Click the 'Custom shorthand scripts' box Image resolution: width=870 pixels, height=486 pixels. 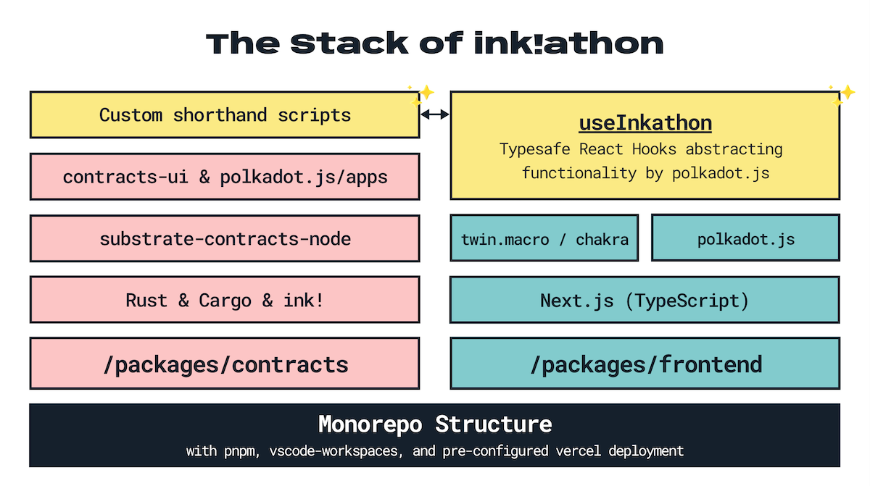225,114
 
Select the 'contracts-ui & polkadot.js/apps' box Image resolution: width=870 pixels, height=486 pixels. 225,177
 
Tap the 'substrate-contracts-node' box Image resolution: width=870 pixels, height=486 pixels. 225,238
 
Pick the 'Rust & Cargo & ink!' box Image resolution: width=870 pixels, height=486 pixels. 225,300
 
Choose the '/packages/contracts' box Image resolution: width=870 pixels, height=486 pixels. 225,364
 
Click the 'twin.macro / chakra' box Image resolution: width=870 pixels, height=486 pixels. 544,238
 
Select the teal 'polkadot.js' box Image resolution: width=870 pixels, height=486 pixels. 746,238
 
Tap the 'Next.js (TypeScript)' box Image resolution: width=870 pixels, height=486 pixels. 645,300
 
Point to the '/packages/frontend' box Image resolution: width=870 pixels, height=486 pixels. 645,364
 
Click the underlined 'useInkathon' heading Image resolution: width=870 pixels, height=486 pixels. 645,123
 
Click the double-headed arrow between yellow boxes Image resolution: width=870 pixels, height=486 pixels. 435,114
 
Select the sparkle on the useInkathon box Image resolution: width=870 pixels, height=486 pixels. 842,94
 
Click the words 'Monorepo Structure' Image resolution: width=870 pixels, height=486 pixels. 435,424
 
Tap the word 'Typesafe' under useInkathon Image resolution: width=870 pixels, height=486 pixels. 536,150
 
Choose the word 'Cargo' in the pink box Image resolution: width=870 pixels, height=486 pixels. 225,300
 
